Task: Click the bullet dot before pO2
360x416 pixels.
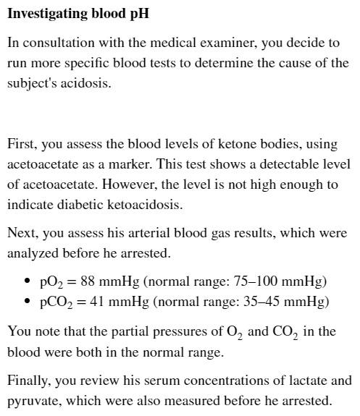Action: point(28,281)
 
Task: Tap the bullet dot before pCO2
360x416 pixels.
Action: point(28,301)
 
